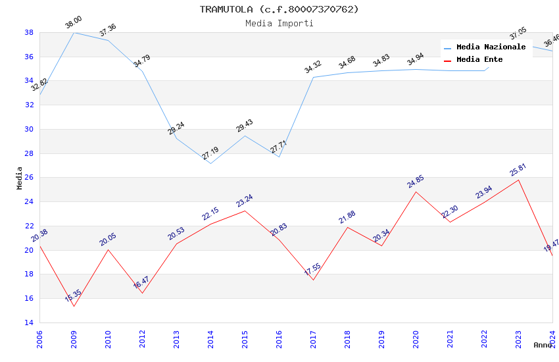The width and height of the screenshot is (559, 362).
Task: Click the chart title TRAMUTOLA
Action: point(279,9)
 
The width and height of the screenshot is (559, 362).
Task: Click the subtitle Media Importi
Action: point(279,23)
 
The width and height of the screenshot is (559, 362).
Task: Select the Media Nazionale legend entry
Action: point(491,47)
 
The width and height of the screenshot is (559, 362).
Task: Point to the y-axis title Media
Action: point(20,178)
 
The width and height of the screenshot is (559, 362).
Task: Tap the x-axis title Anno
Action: point(543,345)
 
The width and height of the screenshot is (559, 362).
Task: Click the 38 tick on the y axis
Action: point(29,32)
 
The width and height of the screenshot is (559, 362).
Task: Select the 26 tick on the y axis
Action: point(29,178)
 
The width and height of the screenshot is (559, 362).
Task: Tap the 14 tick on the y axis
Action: point(29,323)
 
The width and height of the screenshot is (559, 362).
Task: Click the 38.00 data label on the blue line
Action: point(73,24)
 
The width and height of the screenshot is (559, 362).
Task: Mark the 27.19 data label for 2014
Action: point(210,153)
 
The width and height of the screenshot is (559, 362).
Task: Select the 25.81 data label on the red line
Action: point(518,170)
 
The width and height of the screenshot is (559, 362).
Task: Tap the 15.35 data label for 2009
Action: point(73,296)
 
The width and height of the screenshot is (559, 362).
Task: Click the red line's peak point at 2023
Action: point(518,180)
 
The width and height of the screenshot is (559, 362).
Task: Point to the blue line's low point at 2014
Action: point(210,163)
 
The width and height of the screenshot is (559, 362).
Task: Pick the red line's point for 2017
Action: point(313,280)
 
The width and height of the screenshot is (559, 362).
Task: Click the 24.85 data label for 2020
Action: point(416,182)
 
